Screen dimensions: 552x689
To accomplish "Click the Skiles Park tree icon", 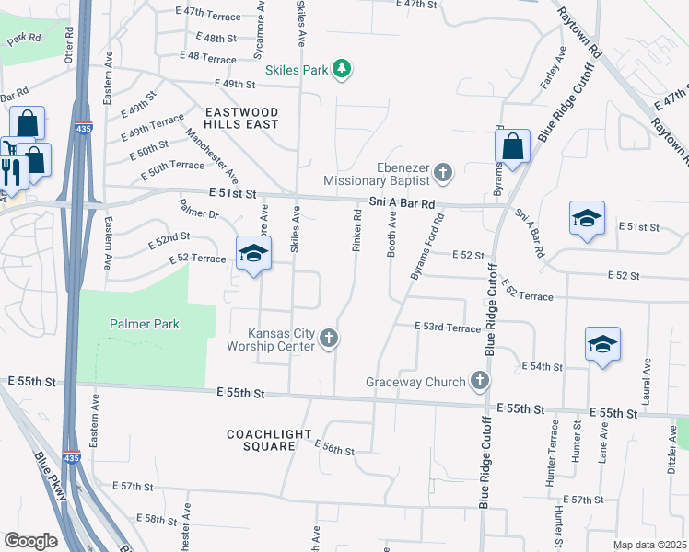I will click(342, 69).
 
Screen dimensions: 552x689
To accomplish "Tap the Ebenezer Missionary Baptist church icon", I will click(443, 172).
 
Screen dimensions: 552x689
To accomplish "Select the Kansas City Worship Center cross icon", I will click(327, 340).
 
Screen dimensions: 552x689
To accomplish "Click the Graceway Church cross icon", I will click(478, 380).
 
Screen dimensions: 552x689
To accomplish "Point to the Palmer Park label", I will click(145, 324).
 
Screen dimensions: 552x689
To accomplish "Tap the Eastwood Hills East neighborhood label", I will click(242, 117).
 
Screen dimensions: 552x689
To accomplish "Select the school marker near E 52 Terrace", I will click(253, 254).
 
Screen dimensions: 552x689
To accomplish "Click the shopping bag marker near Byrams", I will click(512, 146).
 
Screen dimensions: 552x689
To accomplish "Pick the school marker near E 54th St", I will click(602, 345).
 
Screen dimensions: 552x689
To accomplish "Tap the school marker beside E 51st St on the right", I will click(587, 218).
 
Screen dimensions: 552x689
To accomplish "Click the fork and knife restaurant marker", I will click(12, 172).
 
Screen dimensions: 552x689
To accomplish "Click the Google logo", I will click(30, 541).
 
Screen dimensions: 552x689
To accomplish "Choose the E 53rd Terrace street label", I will click(448, 328).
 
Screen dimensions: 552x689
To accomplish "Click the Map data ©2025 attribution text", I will click(648, 545).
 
